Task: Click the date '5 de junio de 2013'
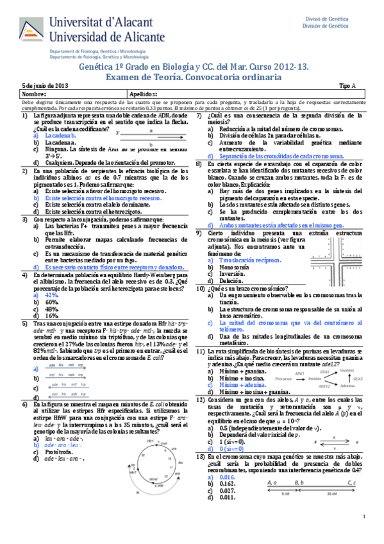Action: click(x=45, y=85)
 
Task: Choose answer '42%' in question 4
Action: click(x=53, y=294)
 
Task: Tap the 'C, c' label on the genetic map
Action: click(x=351, y=482)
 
